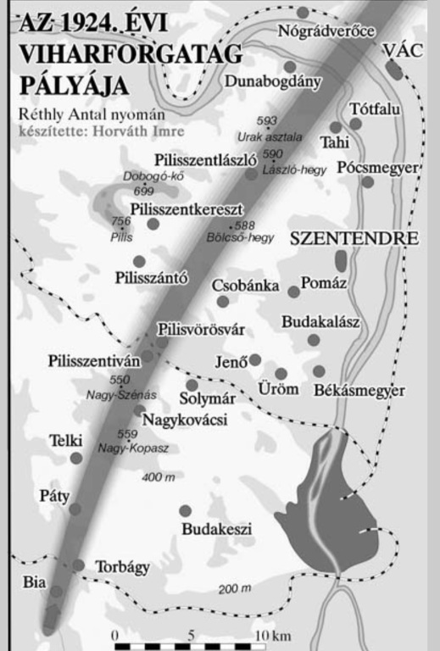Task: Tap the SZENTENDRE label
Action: click(354, 239)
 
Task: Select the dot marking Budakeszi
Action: click(185, 511)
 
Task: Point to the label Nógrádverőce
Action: click(326, 32)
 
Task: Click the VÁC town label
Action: click(402, 51)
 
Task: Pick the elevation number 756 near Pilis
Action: click(120, 221)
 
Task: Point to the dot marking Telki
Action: click(76, 458)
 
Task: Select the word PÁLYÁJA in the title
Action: click(77, 86)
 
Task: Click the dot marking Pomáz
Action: click(293, 292)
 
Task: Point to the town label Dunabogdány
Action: click(273, 81)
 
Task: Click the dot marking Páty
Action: click(75, 509)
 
